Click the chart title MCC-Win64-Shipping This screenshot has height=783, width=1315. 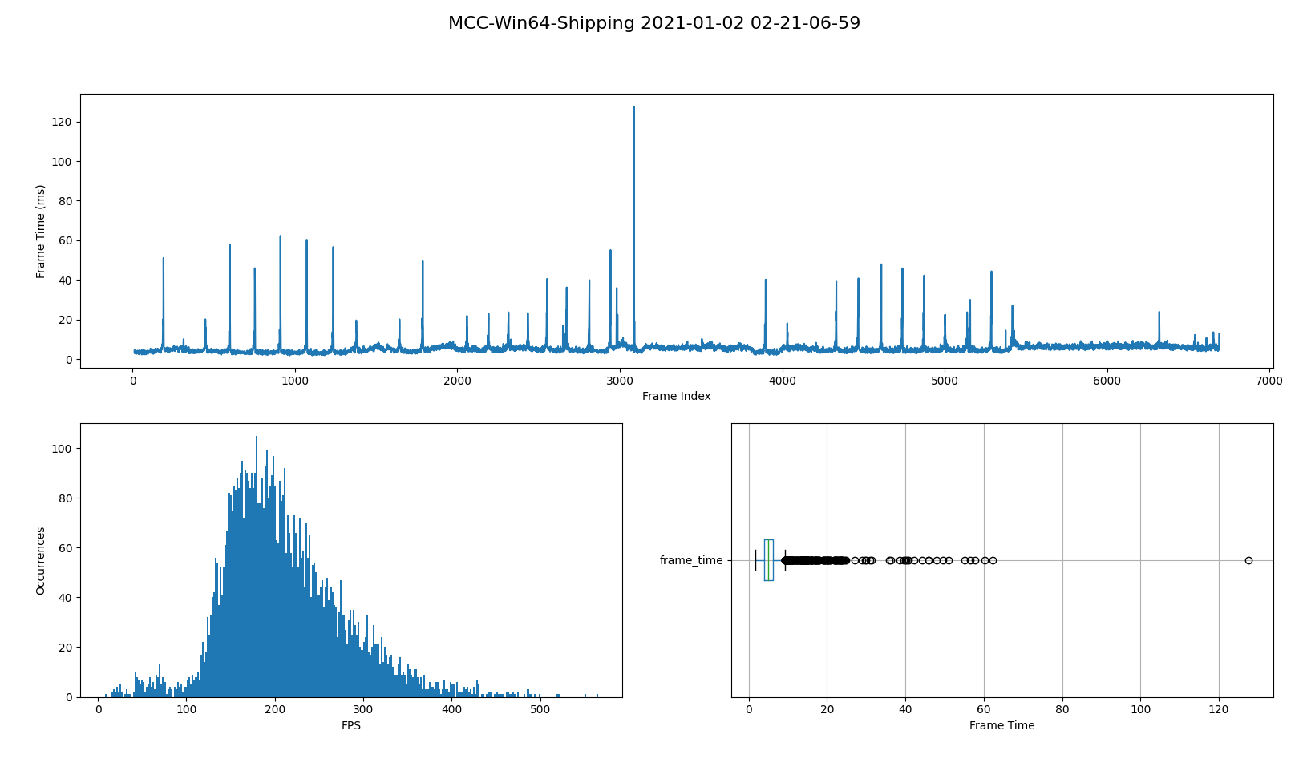(x=653, y=23)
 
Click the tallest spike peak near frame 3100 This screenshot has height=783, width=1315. (x=633, y=107)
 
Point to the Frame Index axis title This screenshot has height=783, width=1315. (x=676, y=396)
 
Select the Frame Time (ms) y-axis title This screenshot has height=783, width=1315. (x=40, y=231)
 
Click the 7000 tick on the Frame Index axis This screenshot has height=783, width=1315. (x=1269, y=381)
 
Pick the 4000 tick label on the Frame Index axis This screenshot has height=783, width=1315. (x=782, y=381)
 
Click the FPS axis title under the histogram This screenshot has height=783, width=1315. (x=351, y=725)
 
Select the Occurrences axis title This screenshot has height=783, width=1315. (x=40, y=560)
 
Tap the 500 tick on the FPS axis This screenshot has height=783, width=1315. (x=540, y=710)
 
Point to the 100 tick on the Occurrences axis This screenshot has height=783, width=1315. (x=63, y=449)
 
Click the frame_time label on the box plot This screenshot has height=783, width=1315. (x=691, y=560)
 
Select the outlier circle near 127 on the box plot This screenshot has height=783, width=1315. (x=1248, y=560)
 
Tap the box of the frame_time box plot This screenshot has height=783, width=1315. (x=768, y=560)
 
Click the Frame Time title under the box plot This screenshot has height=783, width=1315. (x=1001, y=725)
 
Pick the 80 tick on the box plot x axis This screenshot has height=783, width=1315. (x=1062, y=710)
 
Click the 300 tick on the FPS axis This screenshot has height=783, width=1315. (x=363, y=710)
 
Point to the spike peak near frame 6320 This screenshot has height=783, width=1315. (x=1159, y=313)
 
